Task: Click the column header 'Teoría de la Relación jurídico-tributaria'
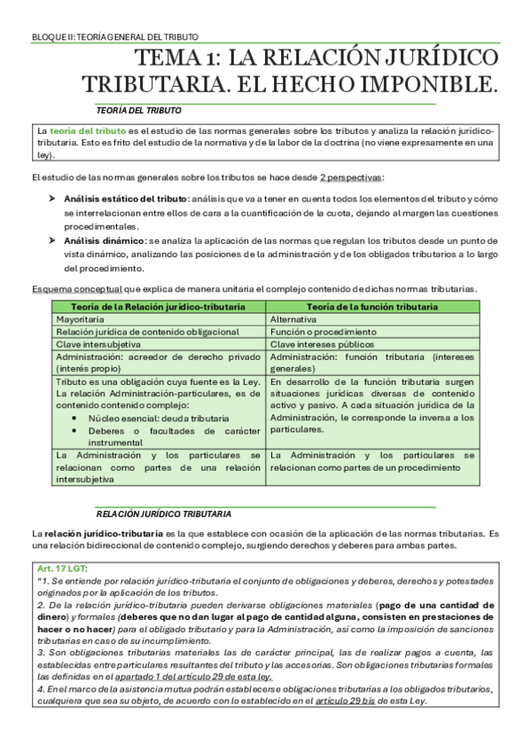point(159,306)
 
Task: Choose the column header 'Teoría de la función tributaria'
point(371,306)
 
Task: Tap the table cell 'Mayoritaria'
point(79,318)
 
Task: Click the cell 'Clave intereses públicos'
point(321,343)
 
